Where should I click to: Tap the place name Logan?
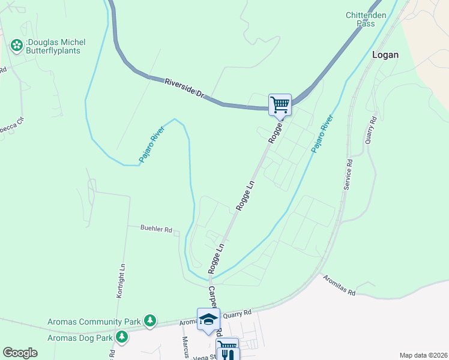(385, 54)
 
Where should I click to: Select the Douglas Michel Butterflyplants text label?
(55, 47)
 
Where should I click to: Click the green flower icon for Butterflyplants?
(16, 44)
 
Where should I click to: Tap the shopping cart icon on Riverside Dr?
(280, 104)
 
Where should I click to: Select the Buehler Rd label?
(156, 229)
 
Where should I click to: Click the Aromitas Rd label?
(339, 286)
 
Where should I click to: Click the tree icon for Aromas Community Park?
(151, 322)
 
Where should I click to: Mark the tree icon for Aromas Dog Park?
(122, 337)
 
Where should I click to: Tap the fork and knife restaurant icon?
(227, 353)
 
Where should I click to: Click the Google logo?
(20, 353)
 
